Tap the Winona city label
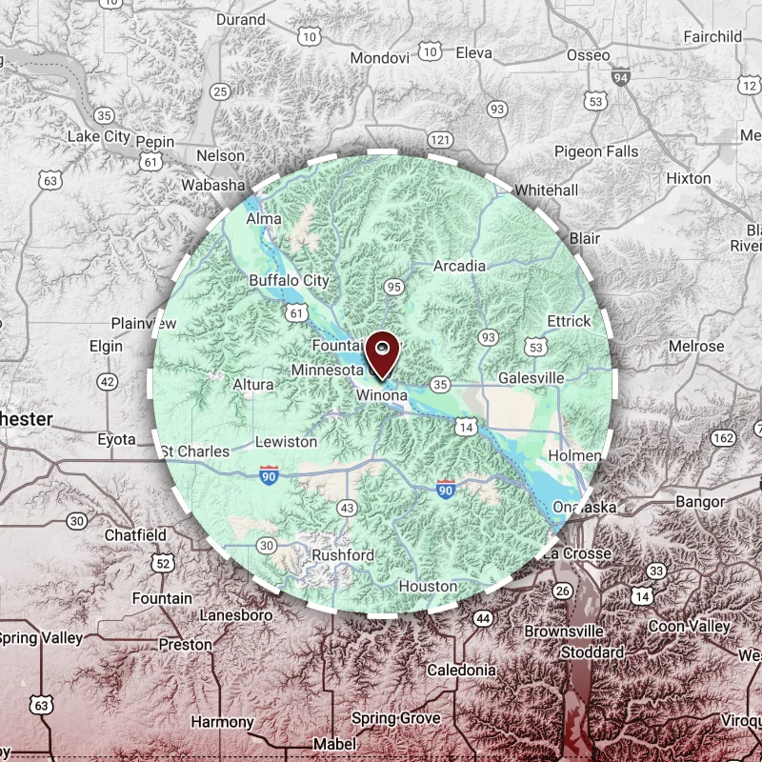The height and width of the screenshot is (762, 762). click(x=382, y=394)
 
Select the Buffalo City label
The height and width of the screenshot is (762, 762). click(x=289, y=281)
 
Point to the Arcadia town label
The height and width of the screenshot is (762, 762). click(x=459, y=266)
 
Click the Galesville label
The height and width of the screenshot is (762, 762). click(x=531, y=378)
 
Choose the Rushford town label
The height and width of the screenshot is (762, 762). click(x=342, y=554)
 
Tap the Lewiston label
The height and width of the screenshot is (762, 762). click(x=286, y=441)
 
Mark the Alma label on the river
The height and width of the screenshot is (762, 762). click(x=264, y=218)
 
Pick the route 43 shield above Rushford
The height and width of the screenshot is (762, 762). click(x=347, y=508)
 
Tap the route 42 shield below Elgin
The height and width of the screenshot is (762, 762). click(x=108, y=382)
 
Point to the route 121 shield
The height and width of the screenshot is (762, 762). click(x=439, y=139)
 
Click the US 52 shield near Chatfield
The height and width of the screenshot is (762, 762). click(x=163, y=564)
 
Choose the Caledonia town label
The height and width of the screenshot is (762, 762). click(x=461, y=670)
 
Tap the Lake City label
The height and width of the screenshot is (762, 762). click(x=98, y=136)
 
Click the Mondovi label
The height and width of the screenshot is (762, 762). click(x=379, y=58)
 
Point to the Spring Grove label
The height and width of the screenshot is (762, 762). click(x=396, y=717)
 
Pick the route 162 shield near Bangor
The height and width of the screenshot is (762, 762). click(x=724, y=438)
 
